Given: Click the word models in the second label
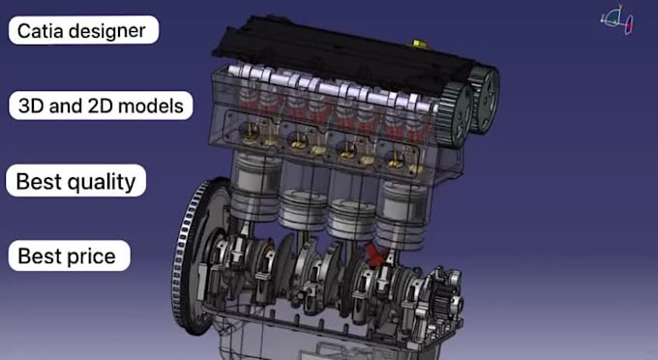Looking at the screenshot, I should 145,105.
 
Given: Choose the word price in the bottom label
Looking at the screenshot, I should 92,256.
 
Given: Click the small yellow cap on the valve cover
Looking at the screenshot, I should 419,44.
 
